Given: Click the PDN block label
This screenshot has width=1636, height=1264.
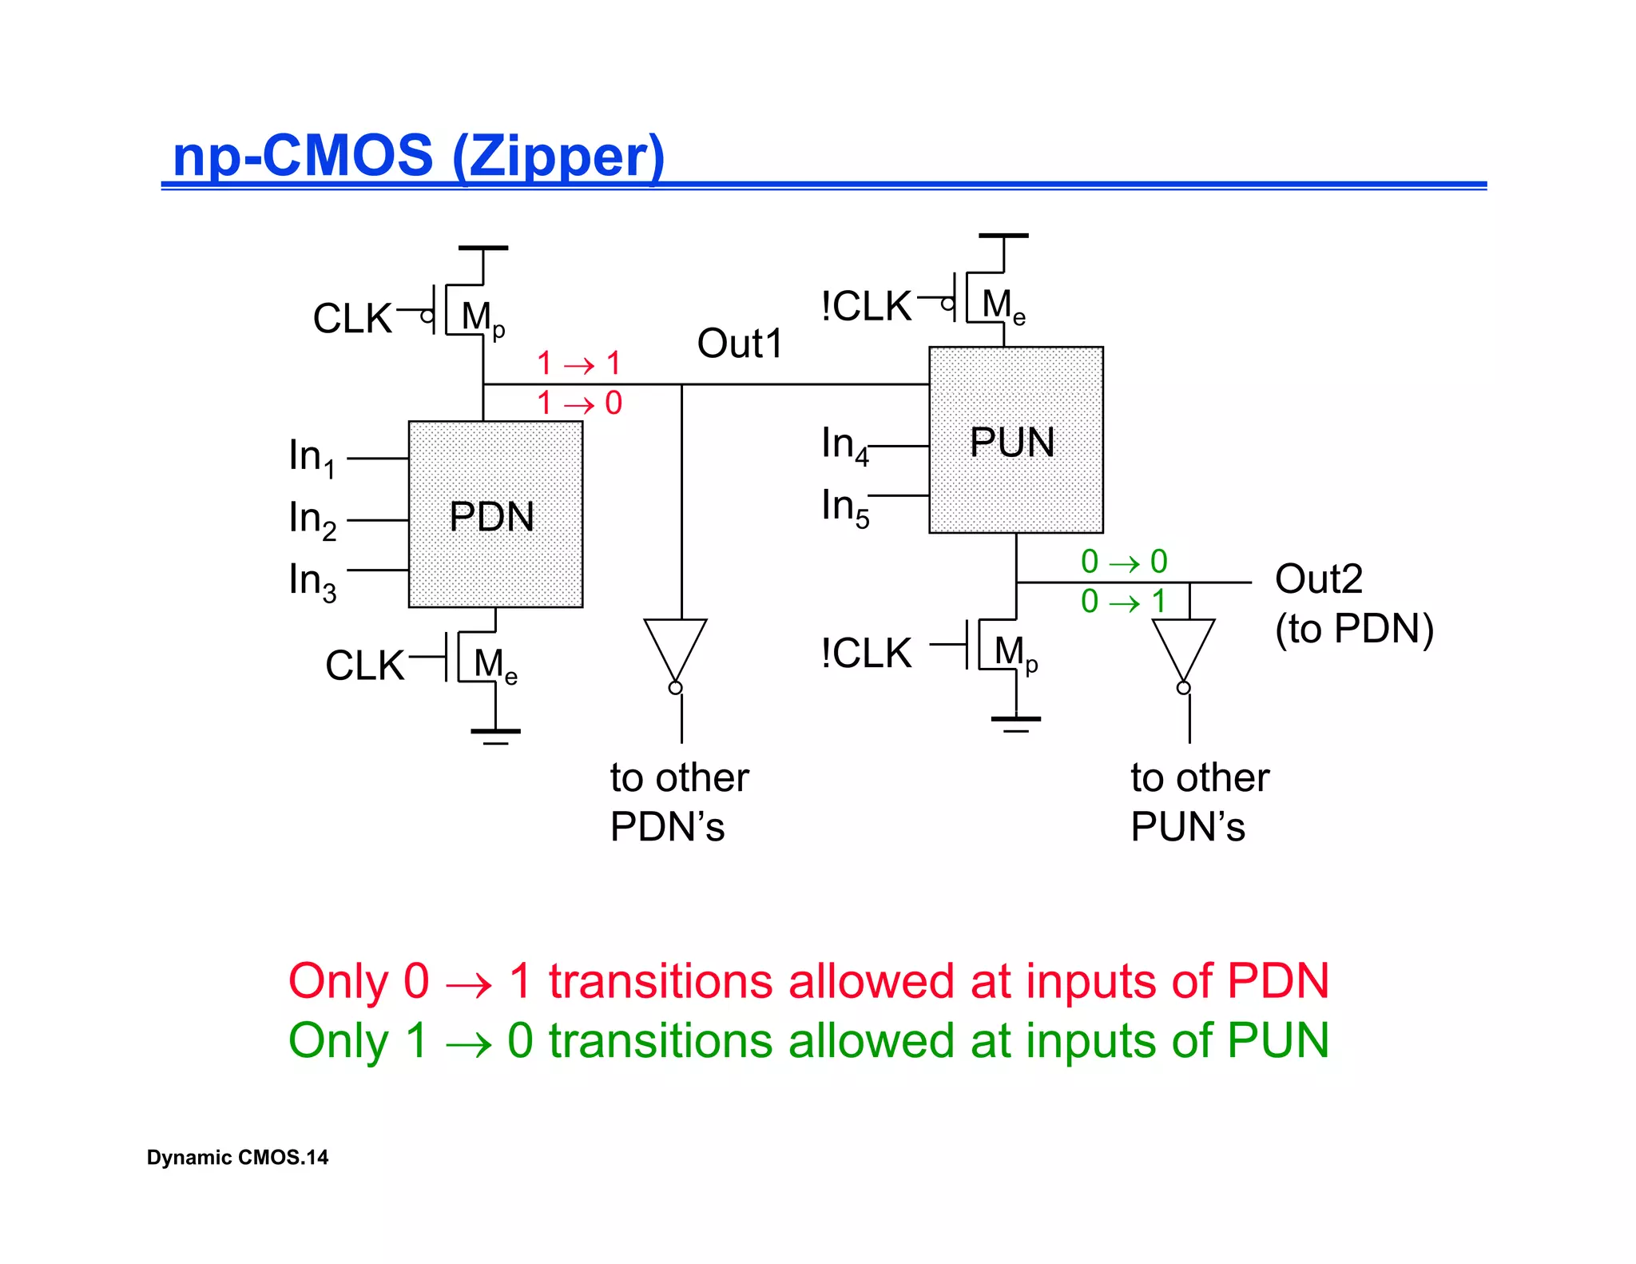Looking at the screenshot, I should (491, 517).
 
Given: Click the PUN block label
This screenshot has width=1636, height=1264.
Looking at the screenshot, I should (1011, 443).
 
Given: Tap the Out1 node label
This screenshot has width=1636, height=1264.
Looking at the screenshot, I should (739, 344).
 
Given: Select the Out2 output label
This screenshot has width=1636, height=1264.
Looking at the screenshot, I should (1318, 578).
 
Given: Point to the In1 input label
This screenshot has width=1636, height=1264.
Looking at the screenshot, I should (312, 457).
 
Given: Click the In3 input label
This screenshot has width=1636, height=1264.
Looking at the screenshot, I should (312, 581).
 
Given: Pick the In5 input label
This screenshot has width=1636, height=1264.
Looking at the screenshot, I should (844, 507).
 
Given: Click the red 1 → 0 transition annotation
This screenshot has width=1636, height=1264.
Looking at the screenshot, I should (579, 403).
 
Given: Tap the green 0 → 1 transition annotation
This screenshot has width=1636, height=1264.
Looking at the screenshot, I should (1123, 602).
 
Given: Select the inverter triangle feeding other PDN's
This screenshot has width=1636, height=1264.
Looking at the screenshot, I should (676, 647).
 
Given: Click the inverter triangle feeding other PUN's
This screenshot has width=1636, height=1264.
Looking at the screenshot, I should (1183, 647).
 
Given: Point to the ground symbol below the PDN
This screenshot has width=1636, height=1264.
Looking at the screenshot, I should (495, 734).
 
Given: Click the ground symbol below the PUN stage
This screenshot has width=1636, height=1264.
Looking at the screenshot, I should (1015, 722).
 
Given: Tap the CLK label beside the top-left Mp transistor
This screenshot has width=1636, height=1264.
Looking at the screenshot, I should (352, 319).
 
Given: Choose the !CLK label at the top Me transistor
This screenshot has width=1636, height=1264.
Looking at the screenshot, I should (866, 307).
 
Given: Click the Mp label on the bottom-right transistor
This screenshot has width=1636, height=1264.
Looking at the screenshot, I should (1015, 654).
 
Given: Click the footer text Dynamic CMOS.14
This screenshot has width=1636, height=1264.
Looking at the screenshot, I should (237, 1158).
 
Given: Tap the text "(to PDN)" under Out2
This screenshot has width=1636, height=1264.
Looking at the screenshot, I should (1354, 629).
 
